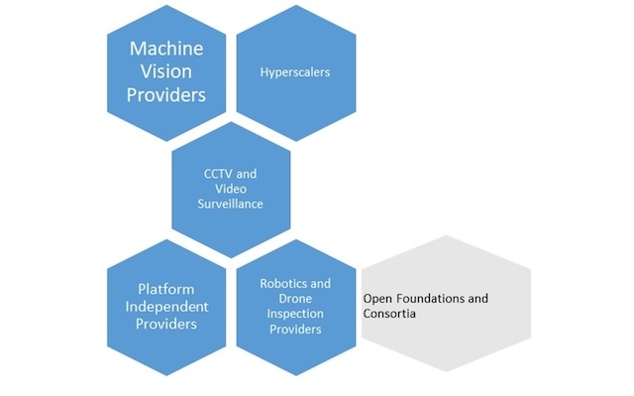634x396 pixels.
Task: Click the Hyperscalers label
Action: click(x=295, y=72)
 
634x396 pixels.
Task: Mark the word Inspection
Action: click(x=296, y=315)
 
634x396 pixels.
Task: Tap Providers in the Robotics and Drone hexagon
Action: click(x=295, y=330)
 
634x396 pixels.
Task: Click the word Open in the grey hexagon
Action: click(x=377, y=298)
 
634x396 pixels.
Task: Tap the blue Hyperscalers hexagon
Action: click(x=295, y=109)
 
